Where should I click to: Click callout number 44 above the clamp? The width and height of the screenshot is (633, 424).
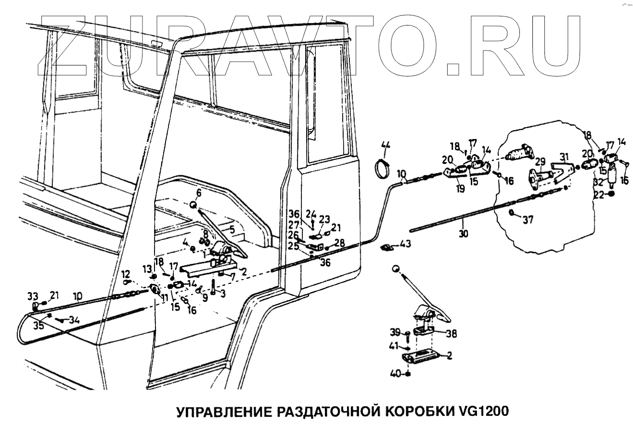click(387, 145)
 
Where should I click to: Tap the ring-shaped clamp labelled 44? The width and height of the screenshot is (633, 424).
click(383, 168)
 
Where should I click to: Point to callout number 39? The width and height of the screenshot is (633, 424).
click(395, 333)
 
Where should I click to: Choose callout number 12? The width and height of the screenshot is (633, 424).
click(126, 274)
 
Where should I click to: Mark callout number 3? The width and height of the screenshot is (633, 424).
click(222, 293)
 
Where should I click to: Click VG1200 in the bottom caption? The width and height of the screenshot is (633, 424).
click(479, 412)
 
